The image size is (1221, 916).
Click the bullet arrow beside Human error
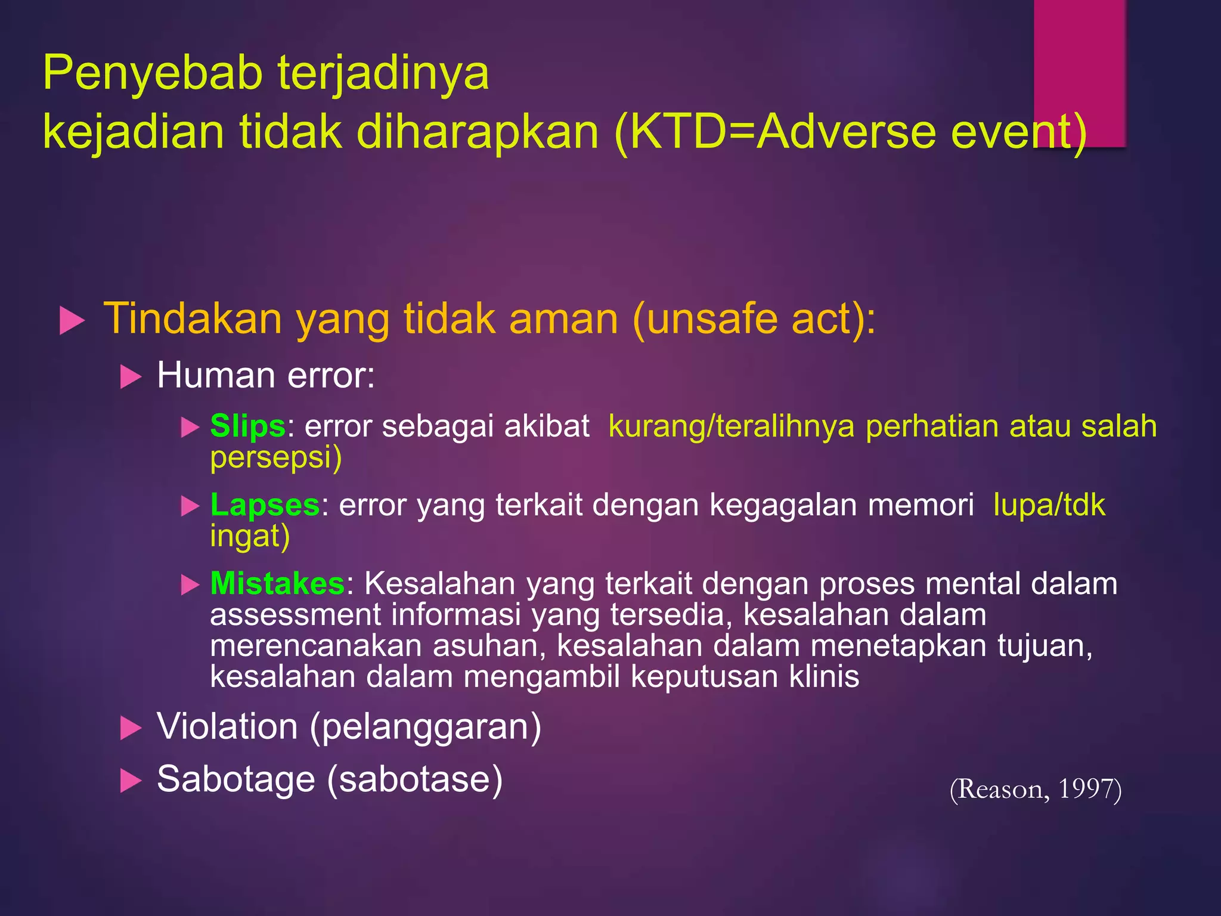(x=131, y=377)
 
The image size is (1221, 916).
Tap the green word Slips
(x=247, y=426)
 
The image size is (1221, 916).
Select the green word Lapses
(x=265, y=505)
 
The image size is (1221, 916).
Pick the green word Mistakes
(x=277, y=584)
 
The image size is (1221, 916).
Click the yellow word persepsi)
(x=276, y=458)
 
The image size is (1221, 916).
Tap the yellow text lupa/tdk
(x=1049, y=505)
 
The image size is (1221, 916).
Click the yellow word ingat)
(x=250, y=536)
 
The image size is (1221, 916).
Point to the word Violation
(x=227, y=727)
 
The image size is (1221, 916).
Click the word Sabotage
(x=235, y=779)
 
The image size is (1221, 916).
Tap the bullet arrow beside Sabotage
(x=131, y=780)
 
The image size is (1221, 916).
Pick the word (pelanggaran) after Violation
(x=425, y=727)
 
